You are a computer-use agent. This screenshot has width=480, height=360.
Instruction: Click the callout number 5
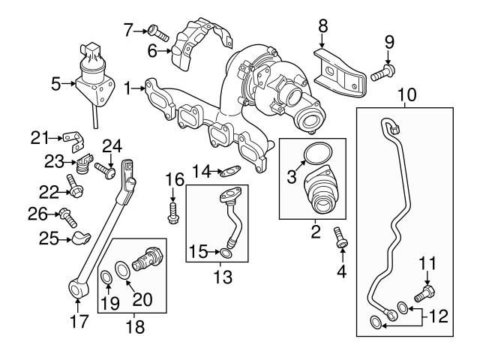55,85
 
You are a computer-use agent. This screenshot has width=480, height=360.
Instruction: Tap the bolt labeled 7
154,31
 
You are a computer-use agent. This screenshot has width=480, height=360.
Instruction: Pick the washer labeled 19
107,280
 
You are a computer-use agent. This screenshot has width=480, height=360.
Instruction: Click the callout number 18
135,327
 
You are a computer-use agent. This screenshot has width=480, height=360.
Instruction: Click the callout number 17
79,322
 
